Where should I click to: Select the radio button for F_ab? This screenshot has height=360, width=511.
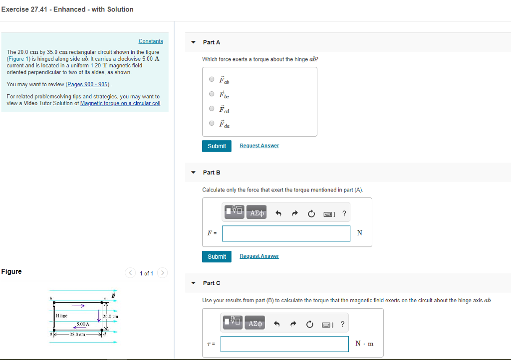(x=212, y=79)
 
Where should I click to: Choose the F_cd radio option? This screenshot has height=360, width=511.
(x=212, y=109)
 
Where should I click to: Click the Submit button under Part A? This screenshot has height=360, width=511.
(x=217, y=146)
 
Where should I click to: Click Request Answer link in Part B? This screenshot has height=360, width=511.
(x=259, y=256)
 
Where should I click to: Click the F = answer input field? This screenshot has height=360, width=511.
(x=286, y=233)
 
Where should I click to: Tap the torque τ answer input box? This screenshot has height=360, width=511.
(x=284, y=344)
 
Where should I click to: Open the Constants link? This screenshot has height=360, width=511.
(x=151, y=41)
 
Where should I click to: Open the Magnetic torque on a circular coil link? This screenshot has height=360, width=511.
(x=120, y=103)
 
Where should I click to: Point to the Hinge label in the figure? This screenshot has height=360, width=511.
(x=62, y=316)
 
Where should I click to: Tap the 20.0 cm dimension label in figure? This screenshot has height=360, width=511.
(x=110, y=317)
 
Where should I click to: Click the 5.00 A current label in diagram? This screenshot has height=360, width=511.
(x=83, y=324)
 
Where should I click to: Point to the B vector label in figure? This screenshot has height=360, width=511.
(x=113, y=296)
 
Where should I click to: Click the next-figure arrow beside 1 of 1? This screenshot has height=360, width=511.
(x=162, y=273)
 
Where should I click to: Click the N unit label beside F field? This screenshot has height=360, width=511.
(x=360, y=233)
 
